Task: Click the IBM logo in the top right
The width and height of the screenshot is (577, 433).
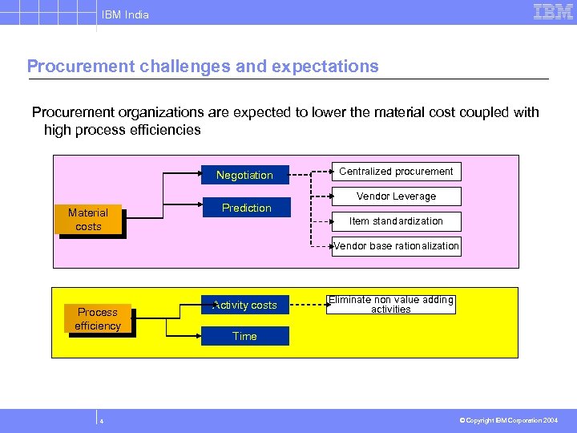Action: (x=553, y=12)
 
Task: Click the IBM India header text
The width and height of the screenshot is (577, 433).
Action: (x=124, y=14)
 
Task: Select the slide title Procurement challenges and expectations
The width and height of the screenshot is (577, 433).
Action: (x=203, y=67)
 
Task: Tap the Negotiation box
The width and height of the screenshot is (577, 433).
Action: (x=244, y=175)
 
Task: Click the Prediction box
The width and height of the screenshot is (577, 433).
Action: (x=246, y=208)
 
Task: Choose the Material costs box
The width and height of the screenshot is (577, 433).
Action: (x=88, y=220)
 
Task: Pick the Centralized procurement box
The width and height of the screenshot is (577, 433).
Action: (x=396, y=172)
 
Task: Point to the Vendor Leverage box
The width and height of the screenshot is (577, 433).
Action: (x=396, y=196)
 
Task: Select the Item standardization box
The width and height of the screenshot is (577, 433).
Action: (x=396, y=221)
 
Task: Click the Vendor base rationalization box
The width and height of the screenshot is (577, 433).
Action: (x=396, y=246)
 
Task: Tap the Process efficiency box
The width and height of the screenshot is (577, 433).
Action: (x=98, y=319)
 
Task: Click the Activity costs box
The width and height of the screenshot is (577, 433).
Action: (x=244, y=305)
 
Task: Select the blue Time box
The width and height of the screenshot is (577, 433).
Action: (x=244, y=336)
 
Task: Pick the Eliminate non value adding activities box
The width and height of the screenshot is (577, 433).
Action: (x=390, y=304)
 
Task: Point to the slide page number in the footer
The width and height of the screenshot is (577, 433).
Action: (x=102, y=420)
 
